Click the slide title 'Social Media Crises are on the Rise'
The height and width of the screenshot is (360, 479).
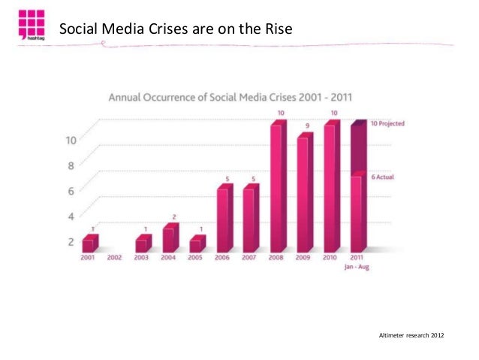tap(174, 29)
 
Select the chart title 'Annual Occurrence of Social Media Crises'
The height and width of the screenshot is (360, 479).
tap(232, 98)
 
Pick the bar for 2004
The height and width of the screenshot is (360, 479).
tap(170, 238)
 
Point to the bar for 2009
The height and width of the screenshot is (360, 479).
tap(304, 193)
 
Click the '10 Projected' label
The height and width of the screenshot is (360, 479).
tap(388, 124)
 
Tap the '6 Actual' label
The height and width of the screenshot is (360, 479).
tap(382, 177)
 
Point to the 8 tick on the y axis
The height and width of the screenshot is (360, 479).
tap(71, 166)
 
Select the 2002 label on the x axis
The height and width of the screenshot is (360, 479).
tap(115, 258)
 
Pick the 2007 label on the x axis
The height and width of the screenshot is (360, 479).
tap(249, 258)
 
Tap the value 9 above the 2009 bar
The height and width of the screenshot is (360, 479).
tap(307, 125)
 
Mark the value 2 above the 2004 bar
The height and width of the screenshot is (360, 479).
tap(173, 216)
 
